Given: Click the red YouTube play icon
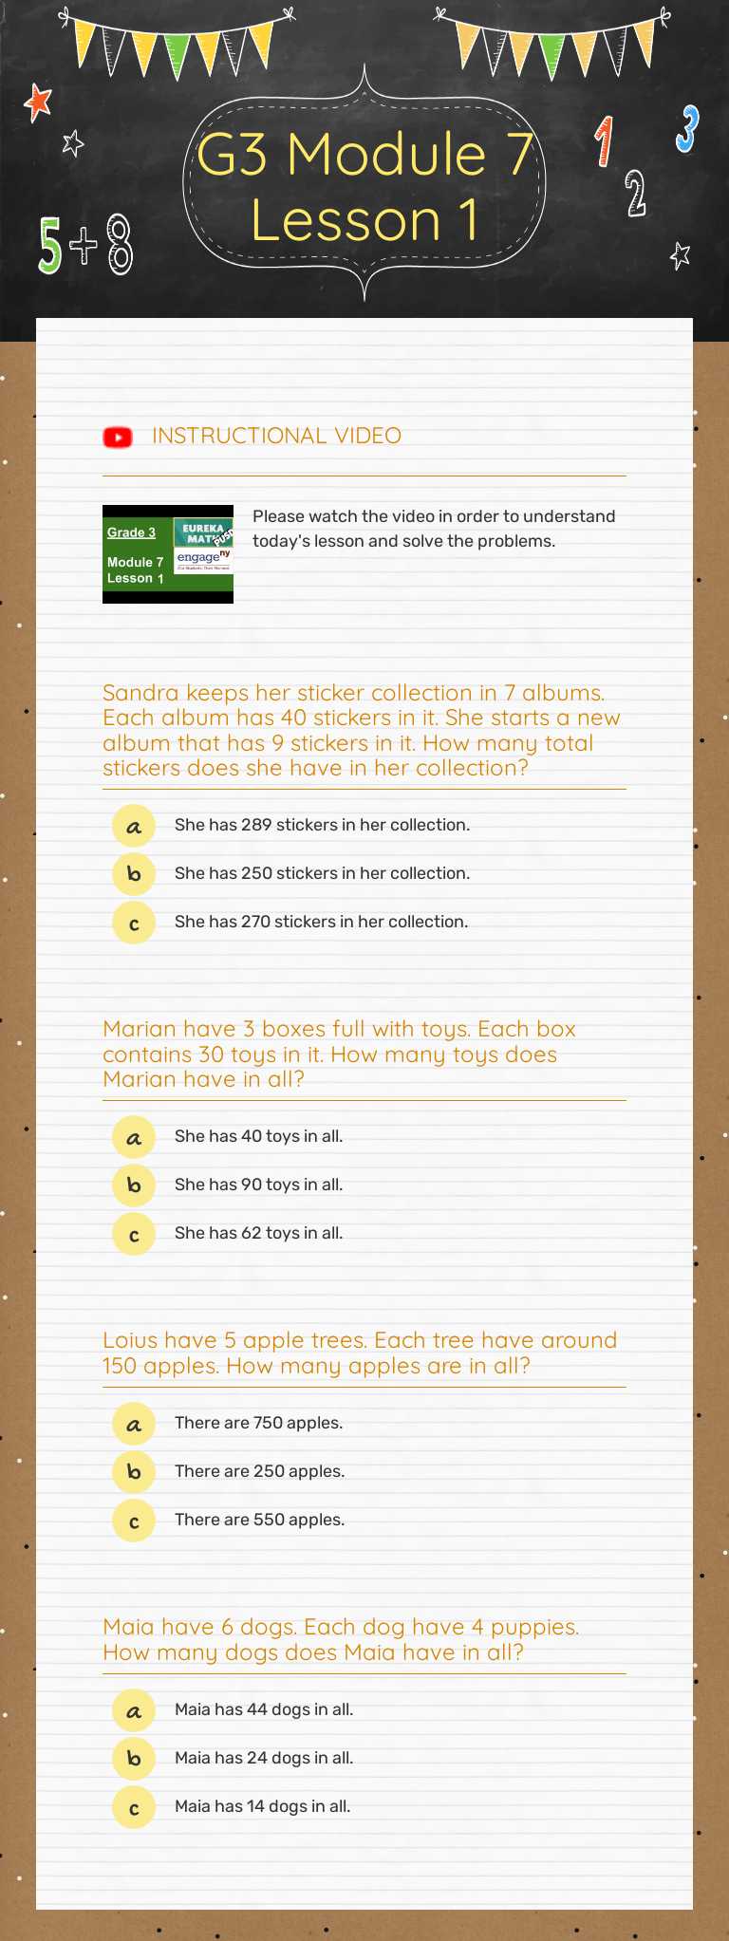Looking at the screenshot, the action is tap(118, 437).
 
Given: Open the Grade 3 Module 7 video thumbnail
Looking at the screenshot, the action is tap(168, 554).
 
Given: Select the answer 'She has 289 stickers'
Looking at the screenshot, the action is tap(322, 825).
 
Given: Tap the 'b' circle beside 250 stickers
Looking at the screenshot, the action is tap(134, 873).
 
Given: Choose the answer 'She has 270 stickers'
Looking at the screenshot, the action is tap(321, 922).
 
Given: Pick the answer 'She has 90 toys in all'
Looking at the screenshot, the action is tap(258, 1185).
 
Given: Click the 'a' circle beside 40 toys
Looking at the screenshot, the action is tap(134, 1137).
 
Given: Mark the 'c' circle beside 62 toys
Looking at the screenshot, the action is tap(134, 1234).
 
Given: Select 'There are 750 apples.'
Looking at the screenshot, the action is tap(258, 1423).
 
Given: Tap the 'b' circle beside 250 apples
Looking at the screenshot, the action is tap(134, 1471).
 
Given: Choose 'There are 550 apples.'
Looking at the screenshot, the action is tap(259, 1520).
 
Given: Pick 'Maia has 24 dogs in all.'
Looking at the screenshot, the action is tap(264, 1758).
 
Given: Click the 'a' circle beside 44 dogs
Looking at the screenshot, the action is tap(134, 1710).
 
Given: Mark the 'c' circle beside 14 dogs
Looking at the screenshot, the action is tap(134, 1807).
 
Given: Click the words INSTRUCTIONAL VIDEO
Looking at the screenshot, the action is tap(276, 436).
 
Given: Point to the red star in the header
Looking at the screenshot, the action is tap(38, 103).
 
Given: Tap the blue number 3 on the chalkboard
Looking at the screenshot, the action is tap(687, 129).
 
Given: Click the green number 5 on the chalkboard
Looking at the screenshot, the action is tap(49, 245).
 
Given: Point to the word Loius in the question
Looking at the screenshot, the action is tap(130, 1340).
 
